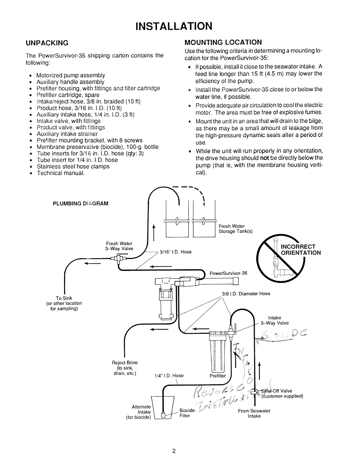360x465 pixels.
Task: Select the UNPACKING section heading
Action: (x=47, y=43)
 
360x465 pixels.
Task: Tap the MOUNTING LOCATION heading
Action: (x=223, y=42)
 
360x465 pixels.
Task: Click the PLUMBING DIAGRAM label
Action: (x=81, y=203)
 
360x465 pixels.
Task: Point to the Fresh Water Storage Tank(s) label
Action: (x=235, y=229)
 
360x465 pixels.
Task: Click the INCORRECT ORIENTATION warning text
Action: (x=301, y=250)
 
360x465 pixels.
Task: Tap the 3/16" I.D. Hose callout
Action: (x=175, y=252)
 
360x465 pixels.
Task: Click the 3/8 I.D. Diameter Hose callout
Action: (x=246, y=294)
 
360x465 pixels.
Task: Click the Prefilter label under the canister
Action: (x=218, y=376)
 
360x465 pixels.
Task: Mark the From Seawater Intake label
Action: (x=254, y=413)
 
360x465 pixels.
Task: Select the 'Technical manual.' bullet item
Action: (x=61, y=173)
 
